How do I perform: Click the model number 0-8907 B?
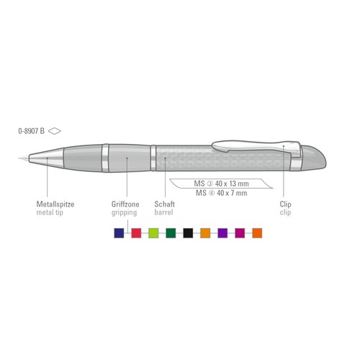click(x=32, y=131)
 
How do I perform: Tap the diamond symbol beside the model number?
click(x=55, y=131)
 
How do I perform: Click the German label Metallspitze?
click(x=55, y=204)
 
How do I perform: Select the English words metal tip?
click(x=50, y=212)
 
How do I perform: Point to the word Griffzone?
click(x=125, y=204)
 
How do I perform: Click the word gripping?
click(x=124, y=213)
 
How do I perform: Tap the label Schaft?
click(x=165, y=204)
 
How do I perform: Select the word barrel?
click(x=163, y=212)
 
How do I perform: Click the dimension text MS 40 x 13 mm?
click(x=221, y=184)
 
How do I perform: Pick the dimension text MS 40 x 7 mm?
click(x=221, y=193)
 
